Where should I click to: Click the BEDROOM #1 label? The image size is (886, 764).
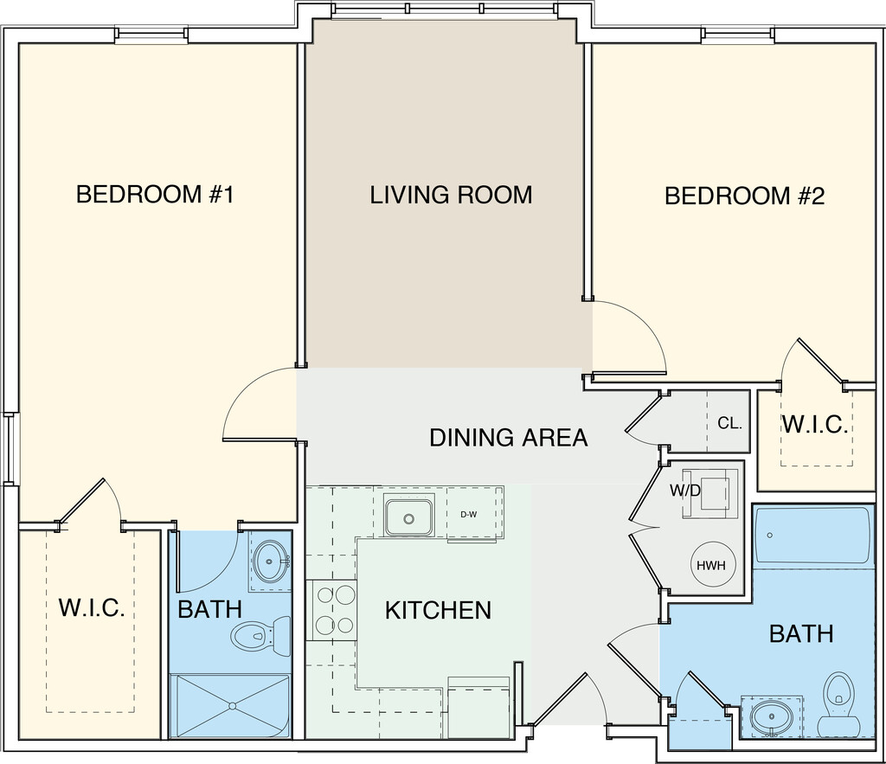pyautogui.click(x=155, y=195)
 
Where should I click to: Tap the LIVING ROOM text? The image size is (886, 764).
pyautogui.click(x=451, y=195)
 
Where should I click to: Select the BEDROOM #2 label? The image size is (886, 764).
pyautogui.click(x=745, y=196)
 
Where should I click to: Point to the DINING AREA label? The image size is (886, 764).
pyautogui.click(x=509, y=438)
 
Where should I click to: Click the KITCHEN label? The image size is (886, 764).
pyautogui.click(x=439, y=610)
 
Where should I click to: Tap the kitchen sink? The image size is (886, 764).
pyautogui.click(x=409, y=517)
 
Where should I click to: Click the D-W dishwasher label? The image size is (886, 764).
pyautogui.click(x=468, y=515)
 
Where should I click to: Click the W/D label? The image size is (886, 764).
pyautogui.click(x=685, y=491)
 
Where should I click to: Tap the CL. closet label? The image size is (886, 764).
pyautogui.click(x=729, y=423)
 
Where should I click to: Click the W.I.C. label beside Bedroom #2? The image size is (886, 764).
pyautogui.click(x=815, y=424)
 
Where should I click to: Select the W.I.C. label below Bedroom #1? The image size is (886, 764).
pyautogui.click(x=92, y=607)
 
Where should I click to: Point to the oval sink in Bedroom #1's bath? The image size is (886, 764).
pyautogui.click(x=271, y=562)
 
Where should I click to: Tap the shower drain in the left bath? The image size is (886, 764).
pyautogui.click(x=232, y=705)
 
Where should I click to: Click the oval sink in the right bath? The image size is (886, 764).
pyautogui.click(x=770, y=717)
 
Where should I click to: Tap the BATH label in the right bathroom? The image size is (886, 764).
pyautogui.click(x=801, y=634)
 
